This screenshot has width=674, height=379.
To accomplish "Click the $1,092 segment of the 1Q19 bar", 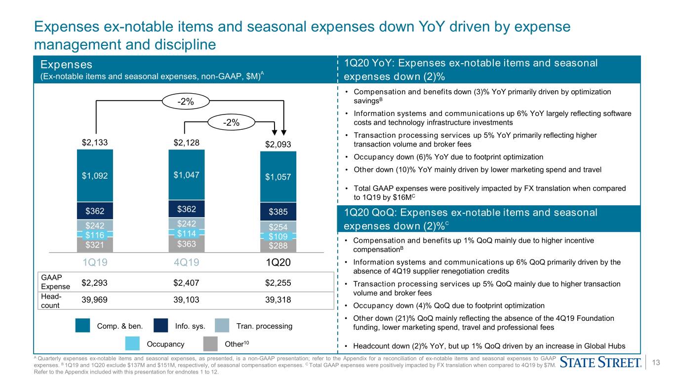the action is point(95,176).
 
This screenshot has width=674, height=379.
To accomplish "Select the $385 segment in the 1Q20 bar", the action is point(278,212).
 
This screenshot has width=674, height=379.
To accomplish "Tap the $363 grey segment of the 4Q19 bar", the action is point(187,244).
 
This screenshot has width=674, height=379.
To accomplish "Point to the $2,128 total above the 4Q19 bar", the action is point(187,143).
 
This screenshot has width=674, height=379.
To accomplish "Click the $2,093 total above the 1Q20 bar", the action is point(278,145).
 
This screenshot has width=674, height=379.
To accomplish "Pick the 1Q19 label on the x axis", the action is point(95,263).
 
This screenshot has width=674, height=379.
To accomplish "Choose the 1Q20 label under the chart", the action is point(278,263).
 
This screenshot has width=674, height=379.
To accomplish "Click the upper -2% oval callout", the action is point(186,101).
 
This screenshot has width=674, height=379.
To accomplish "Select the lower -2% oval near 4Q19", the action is point(232,122).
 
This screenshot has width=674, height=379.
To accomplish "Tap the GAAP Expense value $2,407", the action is point(186,283).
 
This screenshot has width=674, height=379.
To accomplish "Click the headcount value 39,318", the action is point(278,300).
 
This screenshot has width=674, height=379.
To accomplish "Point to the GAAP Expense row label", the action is point(55,282).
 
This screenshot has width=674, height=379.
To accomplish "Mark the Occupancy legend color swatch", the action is point(132,343).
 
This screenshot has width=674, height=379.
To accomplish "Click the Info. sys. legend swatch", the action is point(160,326).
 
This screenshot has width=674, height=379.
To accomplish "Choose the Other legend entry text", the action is point(237,344).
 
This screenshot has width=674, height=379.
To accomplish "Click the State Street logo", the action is point(600,362).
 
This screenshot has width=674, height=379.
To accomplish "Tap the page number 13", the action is point(656,362).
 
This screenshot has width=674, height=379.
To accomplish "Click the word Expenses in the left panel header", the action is point(66,65).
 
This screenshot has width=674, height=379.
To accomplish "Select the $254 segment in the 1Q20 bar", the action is point(278,227).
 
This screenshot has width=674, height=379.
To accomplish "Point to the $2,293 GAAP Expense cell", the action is point(94,283).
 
